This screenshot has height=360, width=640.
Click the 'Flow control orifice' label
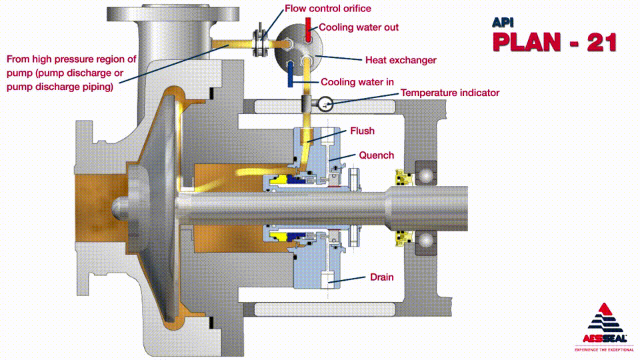pyautogui.click(x=327, y=9)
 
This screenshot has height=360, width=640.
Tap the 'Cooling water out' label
pyautogui.click(x=359, y=27)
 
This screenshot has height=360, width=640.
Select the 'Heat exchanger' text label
pyautogui.click(x=401, y=60)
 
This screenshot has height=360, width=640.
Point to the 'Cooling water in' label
pyautogui.click(x=357, y=82)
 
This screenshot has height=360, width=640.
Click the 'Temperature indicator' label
pyautogui.click(x=449, y=93)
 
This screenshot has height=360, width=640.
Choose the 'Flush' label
pyautogui.click(x=363, y=131)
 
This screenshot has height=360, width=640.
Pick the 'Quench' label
pyautogui.click(x=377, y=155)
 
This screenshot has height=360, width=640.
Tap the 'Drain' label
pyautogui.click(x=382, y=276)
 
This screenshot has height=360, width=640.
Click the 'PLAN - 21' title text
pyautogui.click(x=554, y=41)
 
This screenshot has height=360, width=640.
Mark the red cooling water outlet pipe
pyautogui.click(x=309, y=27)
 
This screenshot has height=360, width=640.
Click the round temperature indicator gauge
pyautogui.click(x=326, y=103)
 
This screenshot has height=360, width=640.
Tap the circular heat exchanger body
pyautogui.click(x=299, y=45)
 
